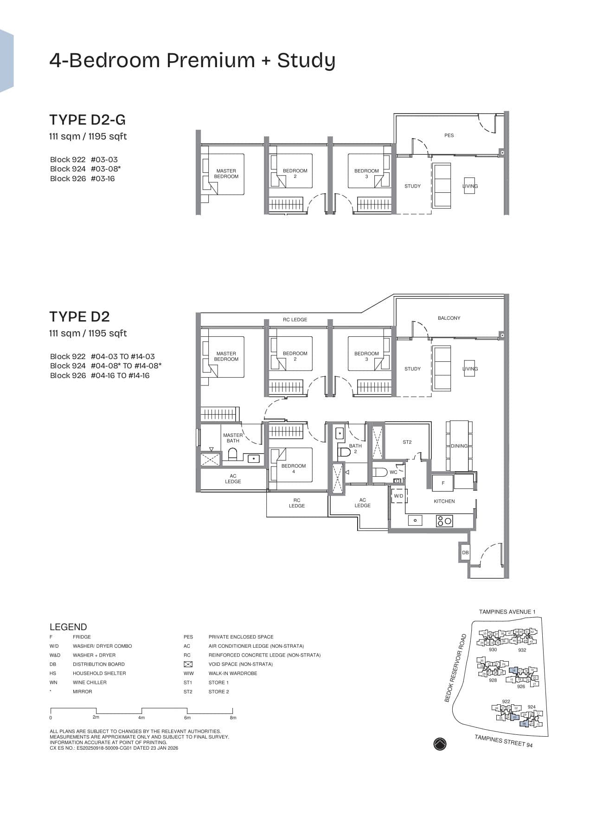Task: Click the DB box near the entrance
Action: [x=465, y=552]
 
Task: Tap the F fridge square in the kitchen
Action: [x=443, y=483]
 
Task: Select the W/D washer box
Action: [x=398, y=496]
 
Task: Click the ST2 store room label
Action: [x=407, y=442]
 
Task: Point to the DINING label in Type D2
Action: [x=459, y=446]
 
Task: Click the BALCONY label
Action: [x=449, y=318]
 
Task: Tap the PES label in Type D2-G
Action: [x=449, y=135]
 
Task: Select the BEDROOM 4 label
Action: [x=294, y=468]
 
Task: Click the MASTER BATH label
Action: [x=232, y=438]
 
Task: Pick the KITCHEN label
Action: [x=444, y=501]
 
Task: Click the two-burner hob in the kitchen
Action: [x=444, y=521]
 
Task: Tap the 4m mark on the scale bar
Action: [x=141, y=718]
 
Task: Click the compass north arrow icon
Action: [x=440, y=744]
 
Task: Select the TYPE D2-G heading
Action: [x=88, y=120]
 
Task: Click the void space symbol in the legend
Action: [x=188, y=664]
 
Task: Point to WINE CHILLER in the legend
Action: [x=90, y=682]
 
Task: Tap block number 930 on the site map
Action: [x=493, y=650]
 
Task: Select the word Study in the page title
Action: [x=306, y=61]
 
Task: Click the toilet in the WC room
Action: [x=380, y=473]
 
